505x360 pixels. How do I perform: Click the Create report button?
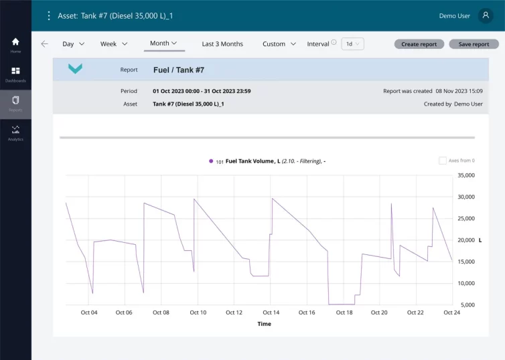[419, 44]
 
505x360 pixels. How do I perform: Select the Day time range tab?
[73, 44]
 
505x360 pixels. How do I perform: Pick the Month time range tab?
[163, 43]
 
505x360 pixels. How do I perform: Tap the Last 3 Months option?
[222, 44]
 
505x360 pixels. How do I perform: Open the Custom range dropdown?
[279, 44]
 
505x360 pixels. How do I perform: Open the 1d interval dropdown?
[352, 44]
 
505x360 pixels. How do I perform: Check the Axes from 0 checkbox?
[443, 161]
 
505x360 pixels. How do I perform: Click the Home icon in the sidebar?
[15, 42]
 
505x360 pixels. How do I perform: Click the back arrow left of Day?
[44, 44]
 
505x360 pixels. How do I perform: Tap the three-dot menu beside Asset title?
[48, 15]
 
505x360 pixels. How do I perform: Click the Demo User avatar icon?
[485, 15]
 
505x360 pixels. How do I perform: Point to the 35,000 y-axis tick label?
[465, 175]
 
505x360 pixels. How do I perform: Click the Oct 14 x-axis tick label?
[271, 312]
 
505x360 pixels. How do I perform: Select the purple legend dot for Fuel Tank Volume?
[211, 161]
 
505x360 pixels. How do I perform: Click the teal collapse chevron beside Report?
[76, 69]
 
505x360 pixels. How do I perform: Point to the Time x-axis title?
[265, 324]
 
